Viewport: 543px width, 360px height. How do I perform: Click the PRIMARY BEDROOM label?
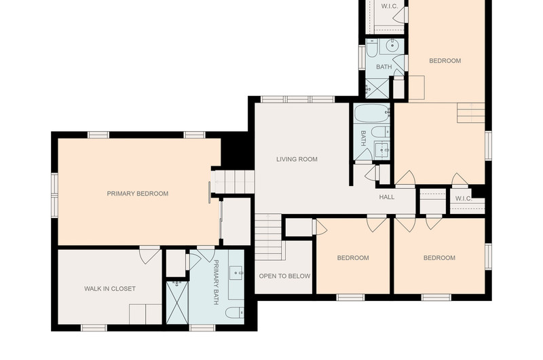point(138,194)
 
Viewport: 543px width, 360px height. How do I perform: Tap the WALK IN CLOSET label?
point(110,289)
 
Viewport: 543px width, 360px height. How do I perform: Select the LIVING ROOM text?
point(297,160)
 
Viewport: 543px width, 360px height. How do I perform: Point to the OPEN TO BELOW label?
point(284,276)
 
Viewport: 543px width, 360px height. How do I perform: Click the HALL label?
point(386,197)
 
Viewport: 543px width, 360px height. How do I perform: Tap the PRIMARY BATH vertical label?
point(216,282)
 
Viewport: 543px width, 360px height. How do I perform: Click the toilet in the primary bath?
point(235,312)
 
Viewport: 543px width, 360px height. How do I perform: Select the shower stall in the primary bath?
point(177,302)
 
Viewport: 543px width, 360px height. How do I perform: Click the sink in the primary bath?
point(237,273)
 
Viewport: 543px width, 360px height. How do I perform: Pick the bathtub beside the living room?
point(372,113)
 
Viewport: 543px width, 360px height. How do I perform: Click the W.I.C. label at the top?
point(389,6)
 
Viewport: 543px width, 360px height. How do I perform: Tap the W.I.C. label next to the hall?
point(464,198)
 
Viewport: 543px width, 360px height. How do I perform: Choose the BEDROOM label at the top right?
point(445,61)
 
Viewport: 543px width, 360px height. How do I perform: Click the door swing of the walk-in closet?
point(149,255)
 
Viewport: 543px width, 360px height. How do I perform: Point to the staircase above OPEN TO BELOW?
point(268,237)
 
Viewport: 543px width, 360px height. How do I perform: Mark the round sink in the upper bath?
point(392,45)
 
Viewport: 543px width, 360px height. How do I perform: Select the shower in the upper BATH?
point(377,88)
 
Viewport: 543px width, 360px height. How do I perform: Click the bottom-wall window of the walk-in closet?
point(94,327)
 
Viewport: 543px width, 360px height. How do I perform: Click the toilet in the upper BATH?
point(371,48)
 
